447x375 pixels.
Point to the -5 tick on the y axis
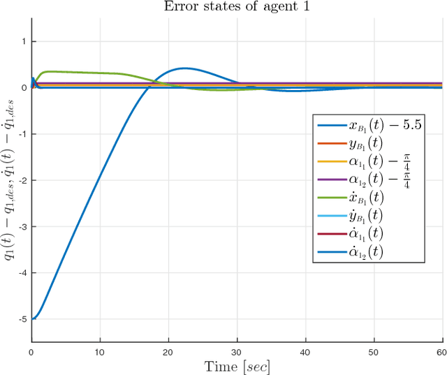pyautogui.click(x=23, y=319)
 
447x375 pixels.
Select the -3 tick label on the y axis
pyautogui.click(x=23, y=226)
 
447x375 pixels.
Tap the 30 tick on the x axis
pyautogui.click(x=237, y=352)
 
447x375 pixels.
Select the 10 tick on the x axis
pyautogui.click(x=101, y=352)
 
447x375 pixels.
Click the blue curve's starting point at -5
pyautogui.click(x=33, y=319)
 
